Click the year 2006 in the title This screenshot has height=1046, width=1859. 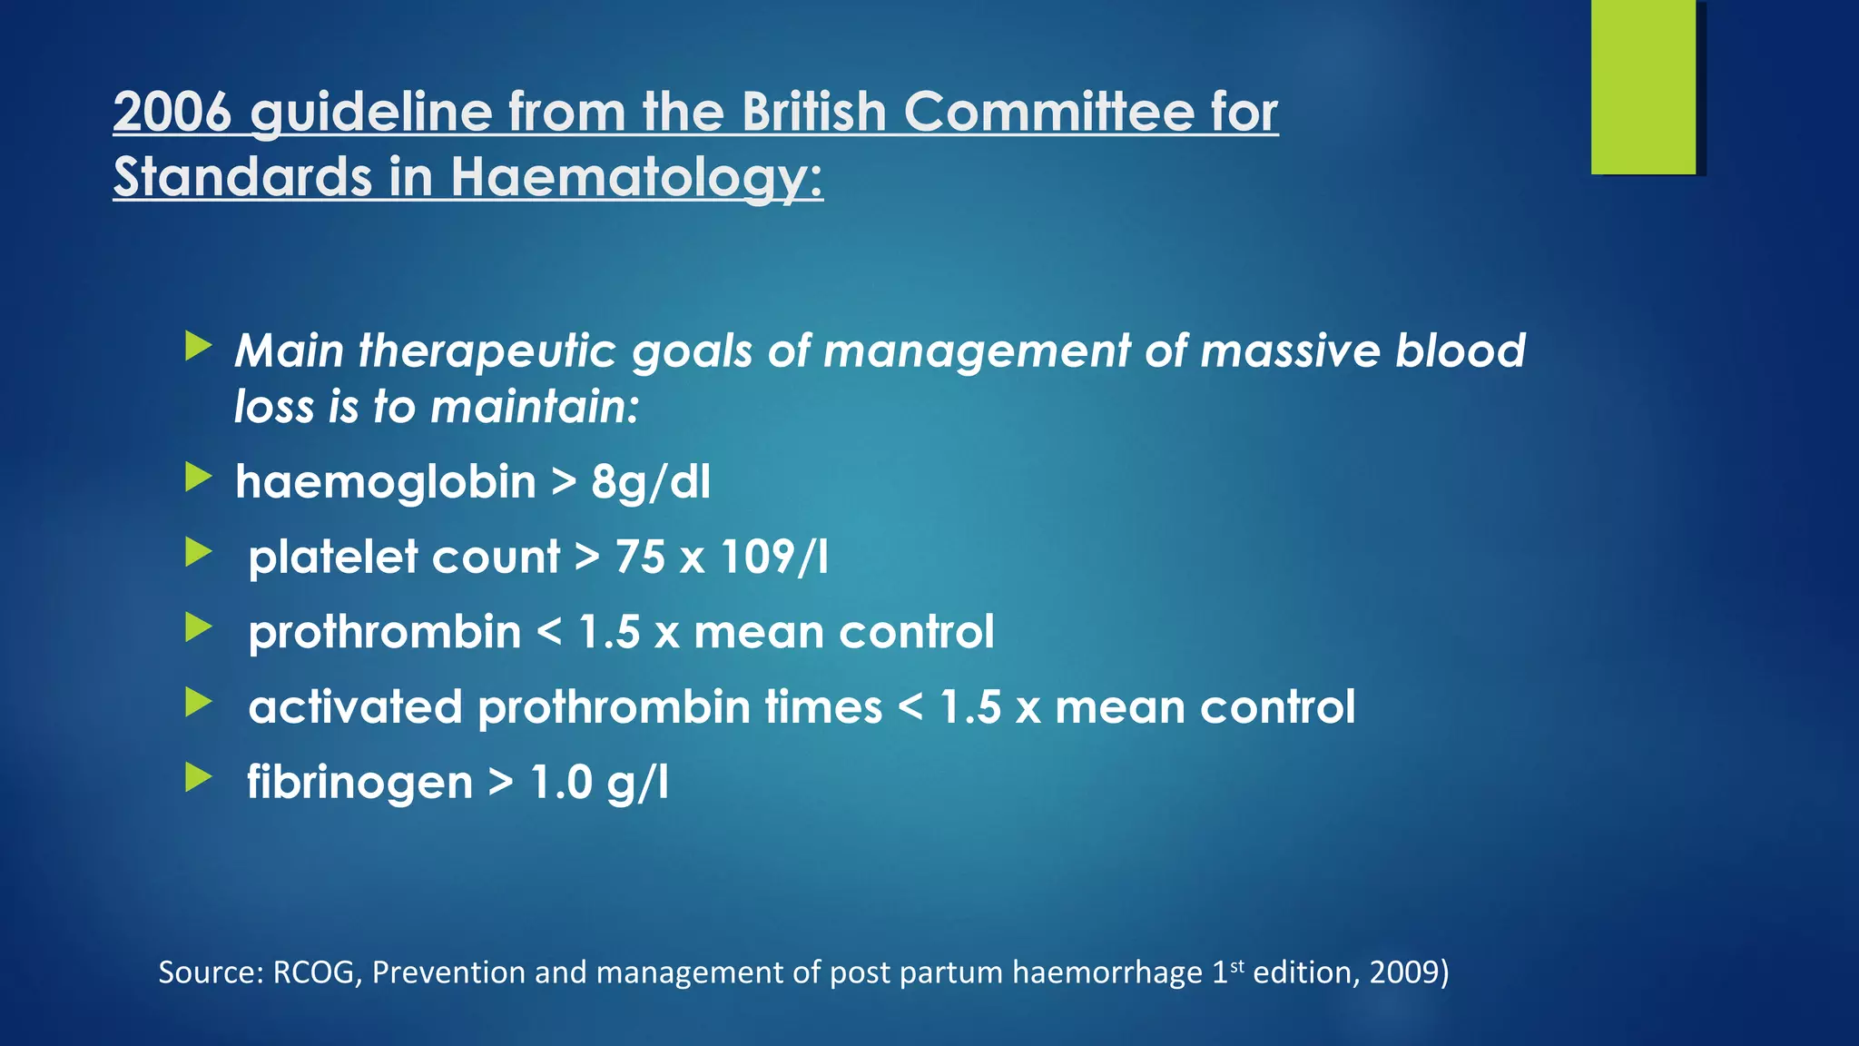coord(172,113)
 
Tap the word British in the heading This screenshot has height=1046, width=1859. coord(813,113)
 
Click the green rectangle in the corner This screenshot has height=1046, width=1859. coord(1643,86)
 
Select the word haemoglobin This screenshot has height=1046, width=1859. coord(386,481)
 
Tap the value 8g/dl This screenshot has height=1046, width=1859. coord(650,482)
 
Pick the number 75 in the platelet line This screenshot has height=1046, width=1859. coord(640,557)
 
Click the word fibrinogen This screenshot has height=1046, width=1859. coord(359,782)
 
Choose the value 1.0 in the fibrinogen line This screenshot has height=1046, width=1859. coord(561,782)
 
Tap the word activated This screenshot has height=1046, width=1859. coord(355,707)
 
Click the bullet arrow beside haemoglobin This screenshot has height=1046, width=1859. coord(198,477)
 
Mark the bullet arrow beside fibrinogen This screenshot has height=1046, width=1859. coord(198,777)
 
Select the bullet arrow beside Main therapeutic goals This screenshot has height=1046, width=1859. coord(198,346)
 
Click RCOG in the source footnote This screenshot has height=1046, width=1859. coord(313,972)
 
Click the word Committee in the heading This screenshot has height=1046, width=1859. coord(1048,113)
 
